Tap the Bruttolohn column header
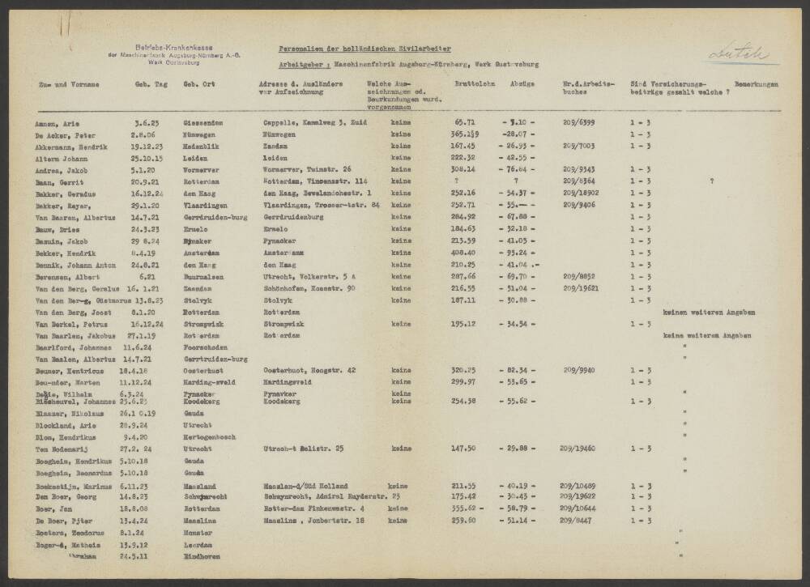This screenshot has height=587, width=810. click(x=469, y=83)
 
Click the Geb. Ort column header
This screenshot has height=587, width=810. click(x=198, y=83)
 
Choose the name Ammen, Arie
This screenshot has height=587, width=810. click(x=58, y=123)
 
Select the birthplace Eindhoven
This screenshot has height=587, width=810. click(x=202, y=557)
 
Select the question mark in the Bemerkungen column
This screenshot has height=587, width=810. click(x=711, y=181)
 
